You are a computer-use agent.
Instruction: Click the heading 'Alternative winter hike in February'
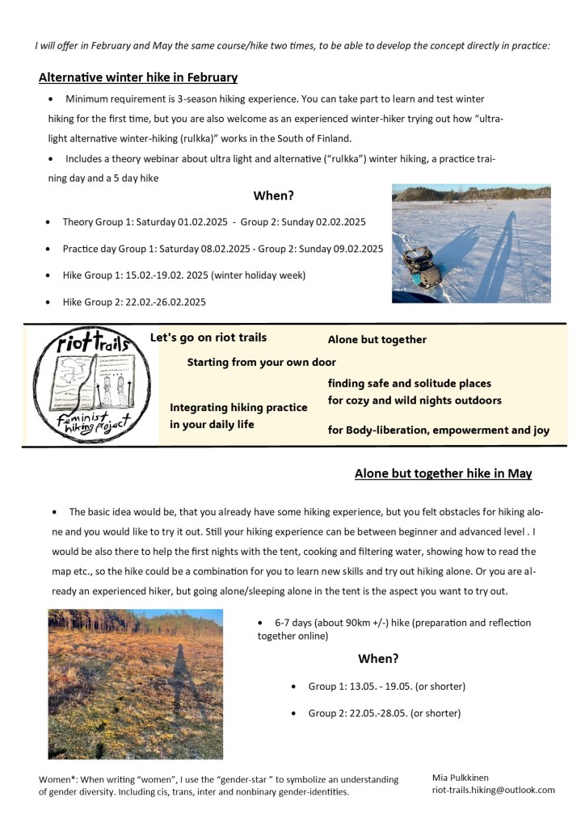138,78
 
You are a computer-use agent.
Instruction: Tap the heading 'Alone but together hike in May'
443,473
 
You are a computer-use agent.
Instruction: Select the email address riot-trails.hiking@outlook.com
493,790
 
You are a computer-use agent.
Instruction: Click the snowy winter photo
471,243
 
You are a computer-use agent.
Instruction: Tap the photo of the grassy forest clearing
135,684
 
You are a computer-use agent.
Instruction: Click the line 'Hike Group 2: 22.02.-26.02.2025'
134,302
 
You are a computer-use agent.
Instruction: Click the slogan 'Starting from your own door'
261,363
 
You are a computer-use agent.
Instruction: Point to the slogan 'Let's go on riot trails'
208,338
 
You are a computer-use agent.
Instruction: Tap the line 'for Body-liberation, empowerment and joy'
438,430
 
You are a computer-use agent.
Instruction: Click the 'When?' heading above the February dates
273,196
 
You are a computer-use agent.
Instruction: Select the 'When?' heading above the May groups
378,659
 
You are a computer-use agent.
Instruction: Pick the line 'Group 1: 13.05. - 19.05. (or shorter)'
386,686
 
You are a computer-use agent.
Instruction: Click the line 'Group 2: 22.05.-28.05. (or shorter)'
384,713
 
